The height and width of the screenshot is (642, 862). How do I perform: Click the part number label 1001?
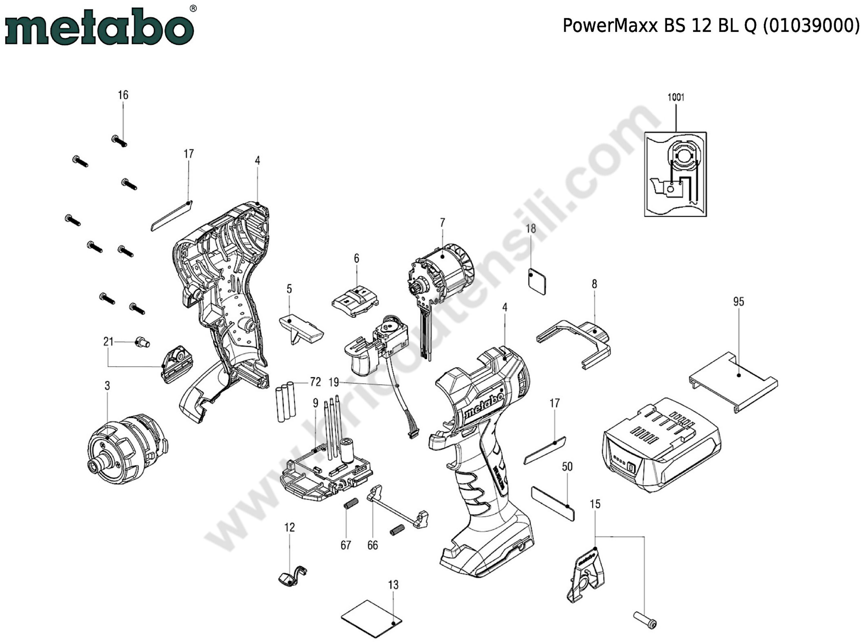[x=676, y=97]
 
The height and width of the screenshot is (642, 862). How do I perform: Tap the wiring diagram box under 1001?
[x=675, y=174]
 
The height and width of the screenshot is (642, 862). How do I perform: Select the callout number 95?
[x=738, y=302]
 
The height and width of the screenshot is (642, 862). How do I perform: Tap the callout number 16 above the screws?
[x=123, y=95]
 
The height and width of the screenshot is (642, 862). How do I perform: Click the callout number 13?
[x=393, y=585]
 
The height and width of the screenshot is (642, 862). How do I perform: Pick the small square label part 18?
[x=537, y=281]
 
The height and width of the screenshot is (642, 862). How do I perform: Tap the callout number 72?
[x=315, y=382]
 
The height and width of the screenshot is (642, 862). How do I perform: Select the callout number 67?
[x=346, y=545]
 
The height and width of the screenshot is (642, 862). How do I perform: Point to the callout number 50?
[x=567, y=466]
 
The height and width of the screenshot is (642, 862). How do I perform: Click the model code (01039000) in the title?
[x=810, y=26]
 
